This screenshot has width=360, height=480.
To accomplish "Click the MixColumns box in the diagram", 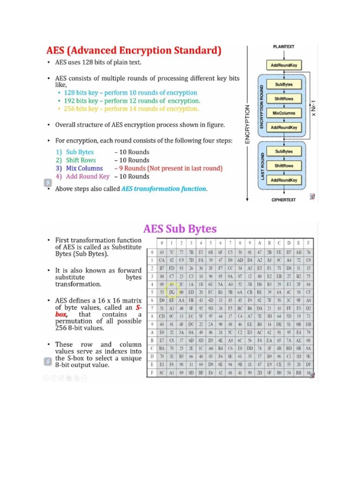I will [x=284, y=113].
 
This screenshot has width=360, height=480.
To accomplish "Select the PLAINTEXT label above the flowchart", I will [x=284, y=47].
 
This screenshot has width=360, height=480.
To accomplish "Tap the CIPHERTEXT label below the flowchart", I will [x=284, y=200].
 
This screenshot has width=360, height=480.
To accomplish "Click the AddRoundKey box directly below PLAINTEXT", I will [x=284, y=65].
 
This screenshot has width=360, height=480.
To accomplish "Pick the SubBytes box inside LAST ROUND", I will [x=284, y=151].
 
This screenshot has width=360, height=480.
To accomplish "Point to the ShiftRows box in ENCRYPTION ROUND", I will [x=284, y=99].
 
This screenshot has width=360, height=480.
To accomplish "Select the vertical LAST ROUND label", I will [x=263, y=166].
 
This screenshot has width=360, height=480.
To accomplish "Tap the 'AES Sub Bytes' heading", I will [x=180, y=229].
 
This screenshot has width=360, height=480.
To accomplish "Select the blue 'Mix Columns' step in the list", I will [x=84, y=168].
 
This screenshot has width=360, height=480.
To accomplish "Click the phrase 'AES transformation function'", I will [x=164, y=189].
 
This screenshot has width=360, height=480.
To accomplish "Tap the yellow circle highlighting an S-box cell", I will [x=172, y=292].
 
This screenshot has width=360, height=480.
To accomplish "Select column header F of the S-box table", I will [x=308, y=243].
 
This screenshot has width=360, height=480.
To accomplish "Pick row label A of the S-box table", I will [x=152, y=333].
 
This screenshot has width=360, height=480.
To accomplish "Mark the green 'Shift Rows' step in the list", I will [x=81, y=160].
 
